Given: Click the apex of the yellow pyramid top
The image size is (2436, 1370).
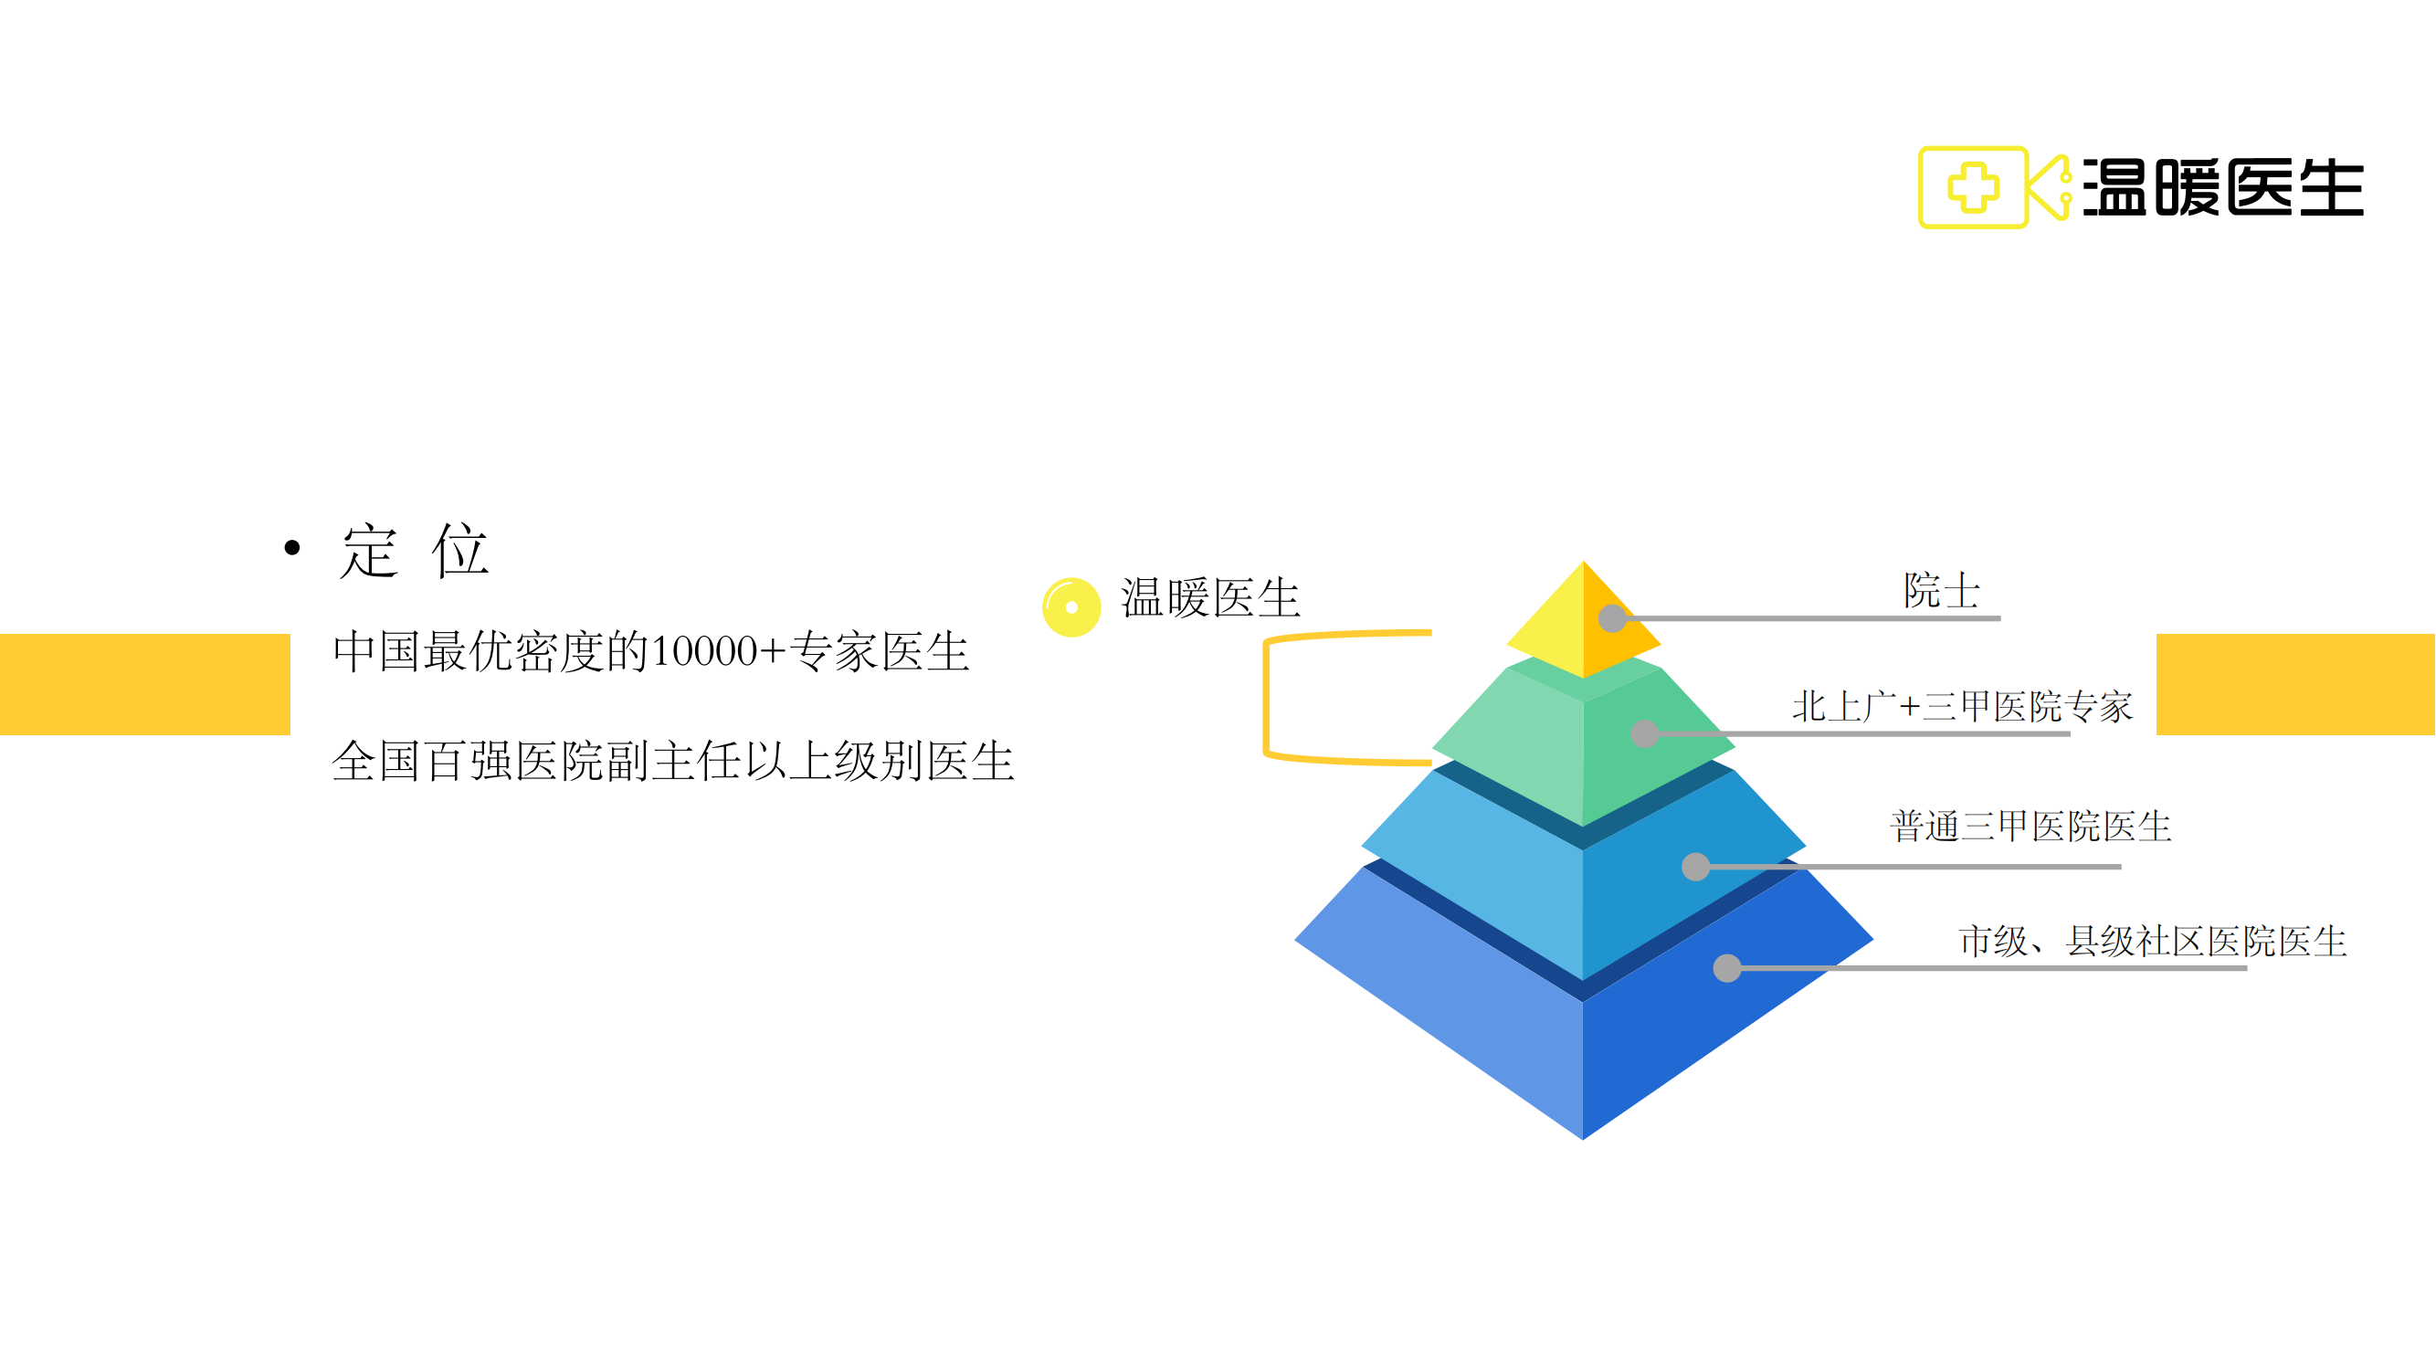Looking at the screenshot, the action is (x=1584, y=562).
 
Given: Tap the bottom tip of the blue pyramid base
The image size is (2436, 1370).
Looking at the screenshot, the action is (x=1583, y=1139).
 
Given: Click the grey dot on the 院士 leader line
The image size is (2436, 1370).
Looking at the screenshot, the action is (x=1612, y=618).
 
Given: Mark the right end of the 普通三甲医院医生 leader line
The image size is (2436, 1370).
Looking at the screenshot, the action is (x=2121, y=866).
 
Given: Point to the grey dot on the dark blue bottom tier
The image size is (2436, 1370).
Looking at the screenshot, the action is (x=1728, y=967).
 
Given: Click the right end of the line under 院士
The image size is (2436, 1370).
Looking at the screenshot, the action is (x=2001, y=618).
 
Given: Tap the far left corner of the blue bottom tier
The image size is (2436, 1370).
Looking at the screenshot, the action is (x=1294, y=941).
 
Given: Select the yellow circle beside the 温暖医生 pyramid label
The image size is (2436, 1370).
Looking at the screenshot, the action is (x=1071, y=607).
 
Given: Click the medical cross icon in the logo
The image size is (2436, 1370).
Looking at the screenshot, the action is (x=1974, y=186).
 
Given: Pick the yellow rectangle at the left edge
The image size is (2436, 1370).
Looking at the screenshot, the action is (x=144, y=683).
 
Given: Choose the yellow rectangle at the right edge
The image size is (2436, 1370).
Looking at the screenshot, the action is (x=2296, y=683).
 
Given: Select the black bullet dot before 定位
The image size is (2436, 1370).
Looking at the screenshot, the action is (x=292, y=547).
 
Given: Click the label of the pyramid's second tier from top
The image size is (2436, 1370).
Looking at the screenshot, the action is (x=1962, y=706).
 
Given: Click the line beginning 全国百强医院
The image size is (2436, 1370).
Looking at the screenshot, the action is (x=673, y=761).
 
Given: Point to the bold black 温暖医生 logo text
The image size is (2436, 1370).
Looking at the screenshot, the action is (x=2223, y=187).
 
